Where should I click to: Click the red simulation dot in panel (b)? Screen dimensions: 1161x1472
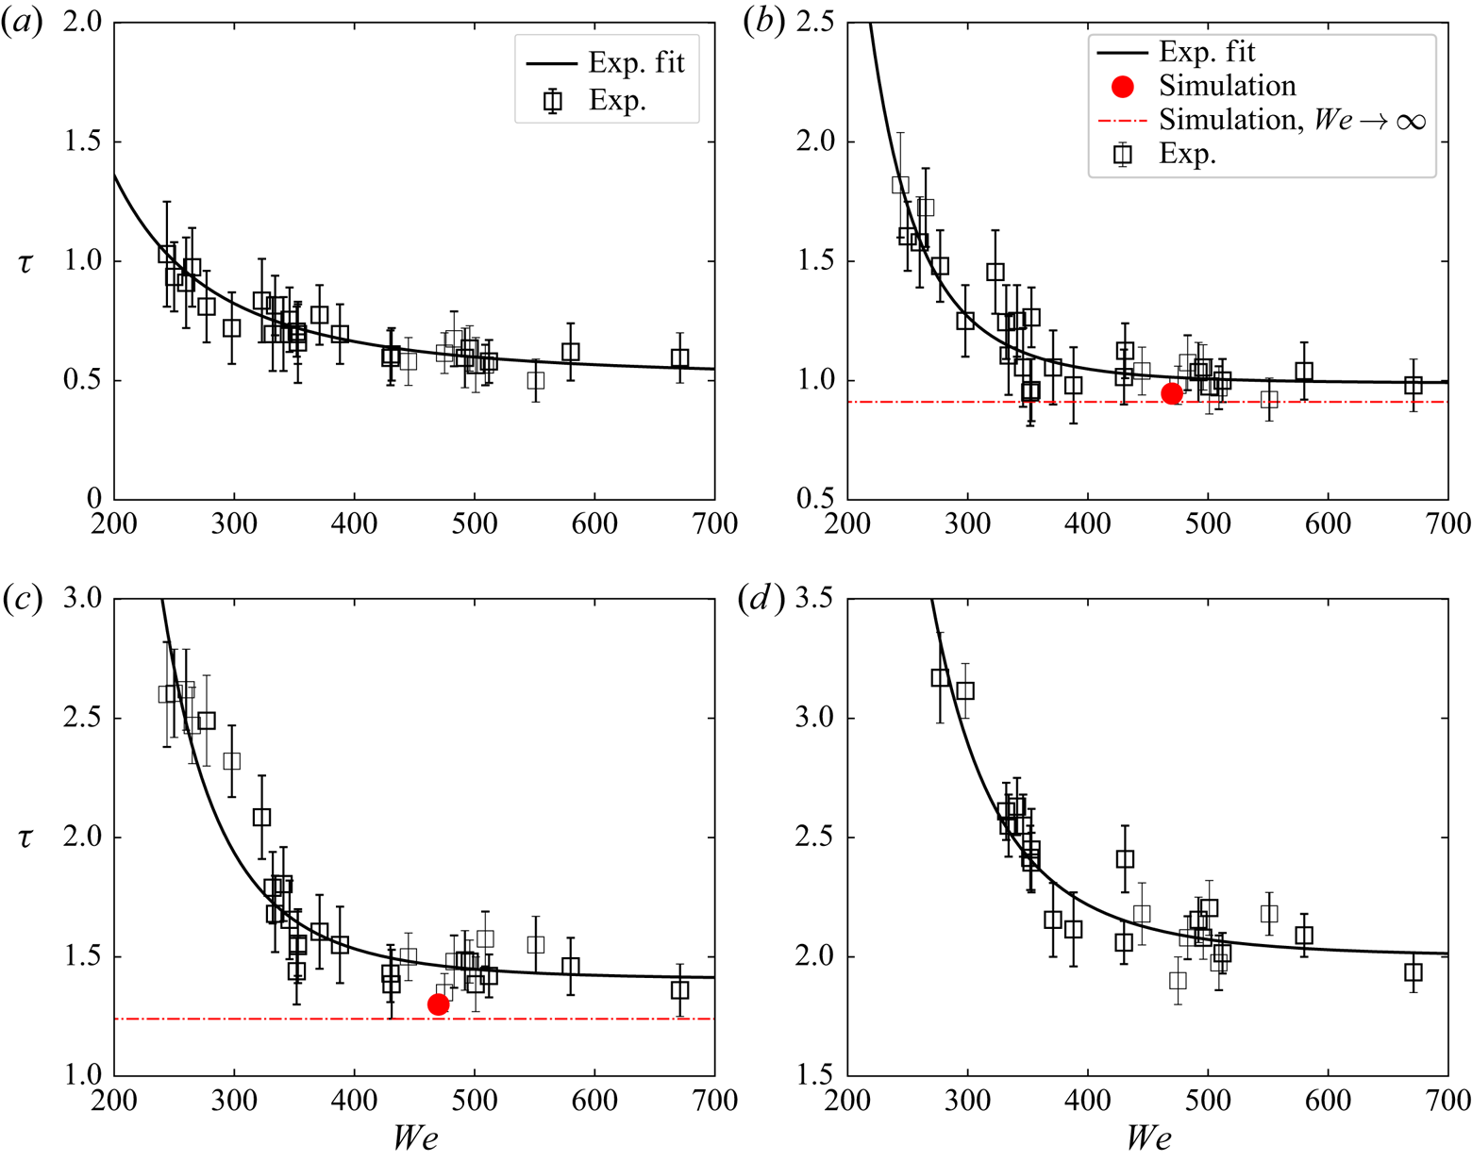(1172, 393)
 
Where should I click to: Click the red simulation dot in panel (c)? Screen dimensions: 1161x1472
(438, 1004)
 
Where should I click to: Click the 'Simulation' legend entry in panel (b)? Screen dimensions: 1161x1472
(1227, 86)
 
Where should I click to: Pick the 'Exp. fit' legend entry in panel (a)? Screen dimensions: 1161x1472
(636, 63)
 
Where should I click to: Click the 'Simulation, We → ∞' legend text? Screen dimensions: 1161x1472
(1291, 121)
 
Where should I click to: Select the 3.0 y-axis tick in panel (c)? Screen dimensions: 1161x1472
(85, 600)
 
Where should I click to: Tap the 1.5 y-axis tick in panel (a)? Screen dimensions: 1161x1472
(85, 142)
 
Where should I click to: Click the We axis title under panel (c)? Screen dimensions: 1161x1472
(415, 1139)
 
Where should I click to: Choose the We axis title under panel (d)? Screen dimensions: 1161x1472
(1148, 1139)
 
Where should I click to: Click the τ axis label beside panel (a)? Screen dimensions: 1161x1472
(25, 262)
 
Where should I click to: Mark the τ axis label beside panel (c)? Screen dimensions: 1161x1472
(25, 838)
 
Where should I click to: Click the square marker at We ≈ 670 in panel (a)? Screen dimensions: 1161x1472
(679, 358)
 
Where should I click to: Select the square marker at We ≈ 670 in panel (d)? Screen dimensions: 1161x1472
(1413, 972)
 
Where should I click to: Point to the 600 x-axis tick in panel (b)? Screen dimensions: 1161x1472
(1328, 522)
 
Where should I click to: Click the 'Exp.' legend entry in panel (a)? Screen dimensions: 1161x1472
(617, 101)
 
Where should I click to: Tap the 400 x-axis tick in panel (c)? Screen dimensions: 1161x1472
(354, 1100)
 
